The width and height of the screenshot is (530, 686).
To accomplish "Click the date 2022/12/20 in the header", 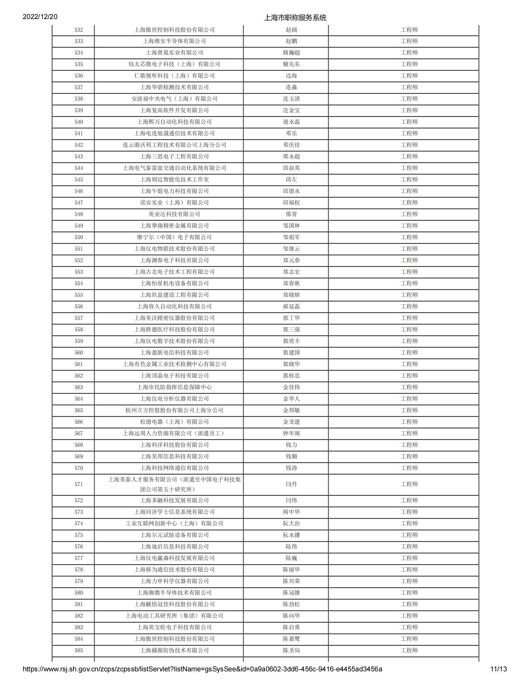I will point(40,17).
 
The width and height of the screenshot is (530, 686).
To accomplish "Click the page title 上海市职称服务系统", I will point(295,18).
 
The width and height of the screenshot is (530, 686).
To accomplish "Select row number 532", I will point(79,30).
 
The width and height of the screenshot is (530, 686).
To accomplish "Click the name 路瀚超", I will point(291,53).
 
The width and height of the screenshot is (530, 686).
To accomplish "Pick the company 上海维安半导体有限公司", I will point(175,41).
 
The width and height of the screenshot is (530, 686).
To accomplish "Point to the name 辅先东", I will point(291,64).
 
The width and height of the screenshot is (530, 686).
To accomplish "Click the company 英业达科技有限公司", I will point(175,214).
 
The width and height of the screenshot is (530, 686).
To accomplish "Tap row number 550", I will point(79,237).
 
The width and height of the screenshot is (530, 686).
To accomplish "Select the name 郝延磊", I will point(291,307).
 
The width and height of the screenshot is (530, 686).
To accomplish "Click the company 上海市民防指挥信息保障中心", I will point(175,387).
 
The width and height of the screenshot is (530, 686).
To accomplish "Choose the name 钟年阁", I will point(291,433).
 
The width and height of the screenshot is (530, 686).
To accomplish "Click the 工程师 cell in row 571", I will point(409,484).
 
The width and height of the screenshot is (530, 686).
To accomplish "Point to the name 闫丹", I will point(291,484).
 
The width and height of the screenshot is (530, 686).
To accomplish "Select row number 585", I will point(79,650).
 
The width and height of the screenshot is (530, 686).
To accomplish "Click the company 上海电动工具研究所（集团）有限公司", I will point(175,616).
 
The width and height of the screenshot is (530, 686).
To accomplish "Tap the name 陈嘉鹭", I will point(291,639).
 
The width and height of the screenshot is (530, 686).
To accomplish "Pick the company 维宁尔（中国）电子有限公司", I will point(175,237).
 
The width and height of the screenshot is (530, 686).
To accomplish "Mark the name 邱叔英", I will point(291,168).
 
